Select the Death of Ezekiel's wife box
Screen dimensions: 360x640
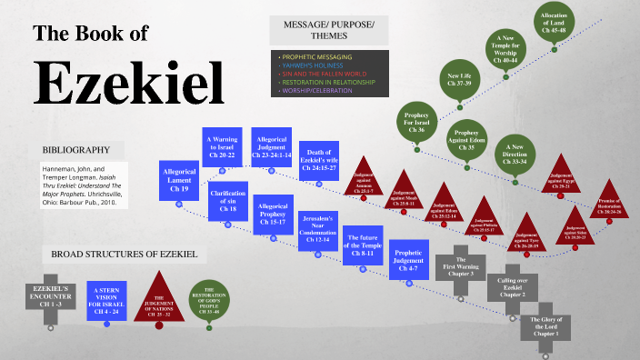[325, 160]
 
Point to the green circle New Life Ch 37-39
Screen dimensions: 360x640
[459, 81]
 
